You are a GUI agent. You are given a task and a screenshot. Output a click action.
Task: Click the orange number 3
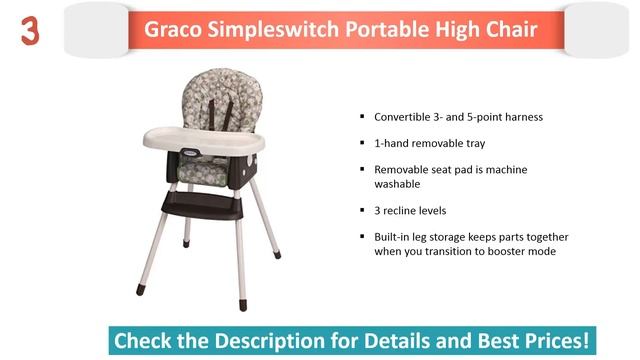30,32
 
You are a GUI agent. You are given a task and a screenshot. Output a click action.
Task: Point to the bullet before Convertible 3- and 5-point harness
362,117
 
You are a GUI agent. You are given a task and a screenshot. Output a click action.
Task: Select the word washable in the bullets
397,184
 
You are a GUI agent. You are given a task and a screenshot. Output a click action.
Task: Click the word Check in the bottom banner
142,340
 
